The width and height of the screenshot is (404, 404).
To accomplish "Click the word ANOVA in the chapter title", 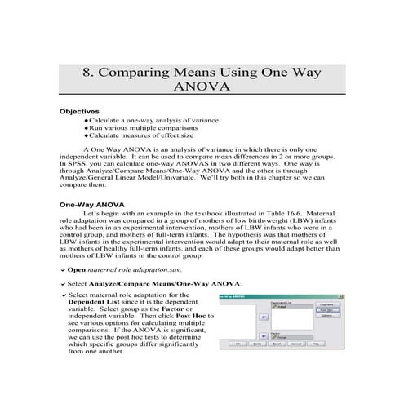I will pos(202,85).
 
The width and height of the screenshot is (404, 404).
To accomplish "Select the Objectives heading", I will pos(79,111).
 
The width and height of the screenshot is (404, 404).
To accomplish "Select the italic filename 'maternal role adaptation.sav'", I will pos(135,269).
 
